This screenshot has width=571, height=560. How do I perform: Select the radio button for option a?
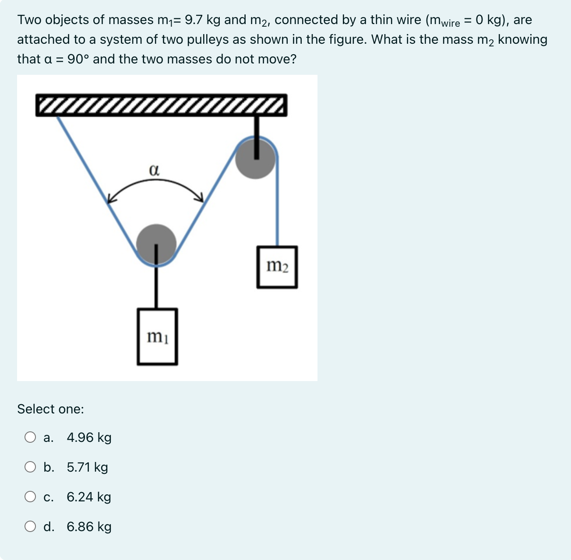[x=30, y=437]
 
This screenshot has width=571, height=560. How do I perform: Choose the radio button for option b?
[x=30, y=467]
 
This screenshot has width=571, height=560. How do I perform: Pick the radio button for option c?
[x=30, y=497]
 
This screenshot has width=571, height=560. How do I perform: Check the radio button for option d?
[x=30, y=526]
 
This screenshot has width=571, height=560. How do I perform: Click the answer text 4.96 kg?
[x=89, y=437]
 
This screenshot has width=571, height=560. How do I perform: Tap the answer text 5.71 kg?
[x=87, y=467]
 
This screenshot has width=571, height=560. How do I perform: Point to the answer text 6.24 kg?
[x=89, y=497]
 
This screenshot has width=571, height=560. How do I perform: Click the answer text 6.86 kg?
[x=89, y=526]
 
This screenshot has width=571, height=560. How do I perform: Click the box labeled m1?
[x=157, y=336]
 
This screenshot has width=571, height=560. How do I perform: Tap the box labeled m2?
[x=277, y=267]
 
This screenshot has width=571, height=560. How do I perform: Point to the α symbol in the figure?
[x=154, y=170]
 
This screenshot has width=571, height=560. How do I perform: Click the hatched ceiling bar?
[x=161, y=105]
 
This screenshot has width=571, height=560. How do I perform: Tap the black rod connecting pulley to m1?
[x=156, y=287]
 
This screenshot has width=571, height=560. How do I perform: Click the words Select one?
[x=50, y=409]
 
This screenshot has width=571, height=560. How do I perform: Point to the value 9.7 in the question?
[x=194, y=20]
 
